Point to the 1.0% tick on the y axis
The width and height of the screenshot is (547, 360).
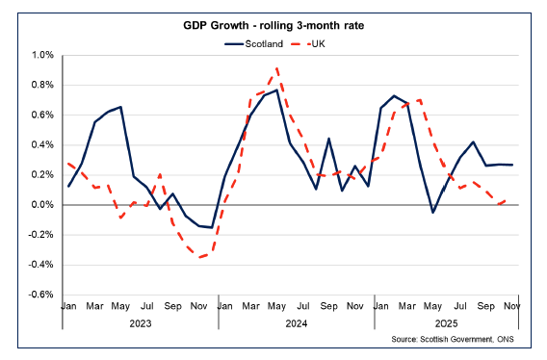[43, 55]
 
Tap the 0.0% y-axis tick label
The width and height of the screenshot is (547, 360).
[43, 205]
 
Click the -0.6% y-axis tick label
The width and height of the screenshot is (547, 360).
[42, 295]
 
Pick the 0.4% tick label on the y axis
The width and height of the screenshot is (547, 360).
[43, 145]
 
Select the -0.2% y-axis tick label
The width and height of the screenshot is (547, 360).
[42, 235]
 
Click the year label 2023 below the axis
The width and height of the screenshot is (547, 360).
[141, 324]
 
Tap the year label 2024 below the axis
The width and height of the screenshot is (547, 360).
[296, 324]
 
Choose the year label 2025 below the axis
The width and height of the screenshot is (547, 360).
[445, 324]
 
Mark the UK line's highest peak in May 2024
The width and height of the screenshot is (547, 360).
[277, 68]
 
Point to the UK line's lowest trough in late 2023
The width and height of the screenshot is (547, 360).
[200, 257]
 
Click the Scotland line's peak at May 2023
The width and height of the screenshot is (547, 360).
[120, 107]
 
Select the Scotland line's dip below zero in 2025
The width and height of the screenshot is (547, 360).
[433, 212]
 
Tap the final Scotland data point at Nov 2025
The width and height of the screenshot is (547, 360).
[511, 165]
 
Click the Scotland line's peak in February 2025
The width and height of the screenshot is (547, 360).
[395, 96]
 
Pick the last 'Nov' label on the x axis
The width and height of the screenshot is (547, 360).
[511, 307]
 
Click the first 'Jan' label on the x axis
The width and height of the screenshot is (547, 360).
[68, 307]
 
